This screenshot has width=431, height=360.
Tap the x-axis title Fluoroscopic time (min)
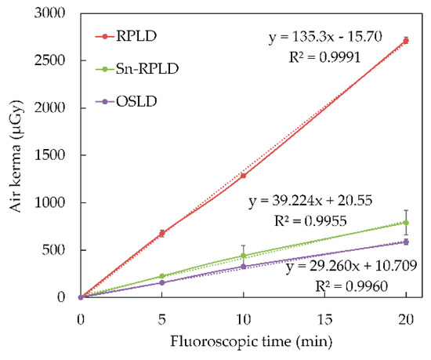tap(244, 340)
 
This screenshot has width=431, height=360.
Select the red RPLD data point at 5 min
tap(162, 233)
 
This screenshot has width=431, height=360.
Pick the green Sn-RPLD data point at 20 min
tap(406, 223)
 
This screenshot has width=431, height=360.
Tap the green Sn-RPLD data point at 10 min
tap(244, 256)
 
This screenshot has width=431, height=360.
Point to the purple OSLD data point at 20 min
tap(406, 242)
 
